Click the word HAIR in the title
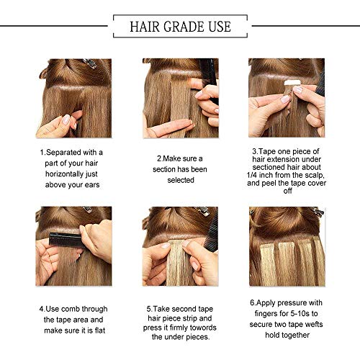click(145, 27)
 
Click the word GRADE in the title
click(184, 27)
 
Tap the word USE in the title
click(220, 27)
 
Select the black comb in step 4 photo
click(66, 239)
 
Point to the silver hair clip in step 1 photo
click(89, 63)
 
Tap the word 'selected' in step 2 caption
click(181, 180)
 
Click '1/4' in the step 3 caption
click(252, 175)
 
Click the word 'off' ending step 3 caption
click(287, 191)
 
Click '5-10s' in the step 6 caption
click(300, 313)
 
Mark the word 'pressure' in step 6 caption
click(292, 303)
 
